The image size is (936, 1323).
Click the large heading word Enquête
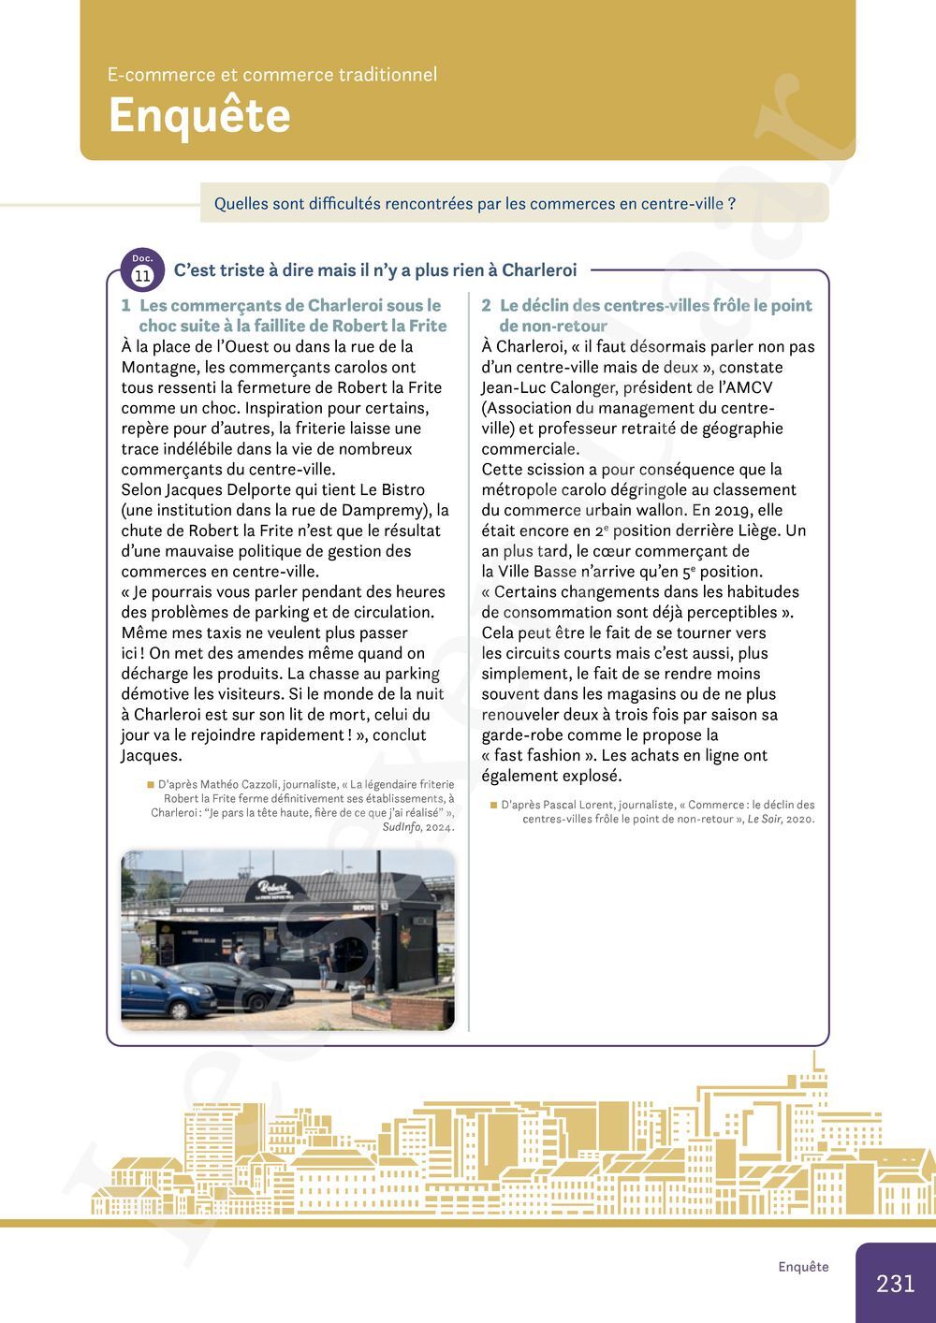(198, 116)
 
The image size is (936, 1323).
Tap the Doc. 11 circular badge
(142, 271)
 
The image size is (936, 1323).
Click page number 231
(895, 1283)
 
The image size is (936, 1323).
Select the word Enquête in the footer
(803, 1267)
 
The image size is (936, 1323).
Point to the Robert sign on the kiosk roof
(272, 886)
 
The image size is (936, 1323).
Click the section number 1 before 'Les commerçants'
(125, 306)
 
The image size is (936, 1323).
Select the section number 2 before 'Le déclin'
(486, 306)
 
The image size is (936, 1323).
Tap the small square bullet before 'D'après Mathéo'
(150, 784)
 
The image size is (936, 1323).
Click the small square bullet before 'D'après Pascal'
(493, 804)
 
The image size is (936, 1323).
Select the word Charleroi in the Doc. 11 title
(539, 270)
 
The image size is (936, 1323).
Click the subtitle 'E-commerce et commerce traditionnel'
(272, 75)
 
